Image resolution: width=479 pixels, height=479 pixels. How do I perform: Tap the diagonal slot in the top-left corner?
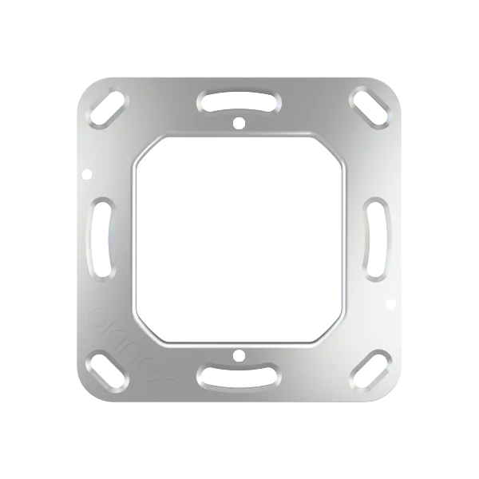pos(108,106)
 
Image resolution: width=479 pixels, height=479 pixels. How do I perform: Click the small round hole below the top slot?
pos(239,124)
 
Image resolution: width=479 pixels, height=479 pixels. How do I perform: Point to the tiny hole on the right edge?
pos(391,302)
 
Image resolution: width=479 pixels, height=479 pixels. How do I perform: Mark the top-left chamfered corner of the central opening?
pos(143,146)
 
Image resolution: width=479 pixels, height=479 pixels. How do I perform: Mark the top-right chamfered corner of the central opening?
pos(335,146)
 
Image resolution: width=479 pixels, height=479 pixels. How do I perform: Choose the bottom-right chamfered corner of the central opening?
pos(335,331)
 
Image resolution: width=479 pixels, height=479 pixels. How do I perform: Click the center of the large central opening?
pos(239,238)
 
